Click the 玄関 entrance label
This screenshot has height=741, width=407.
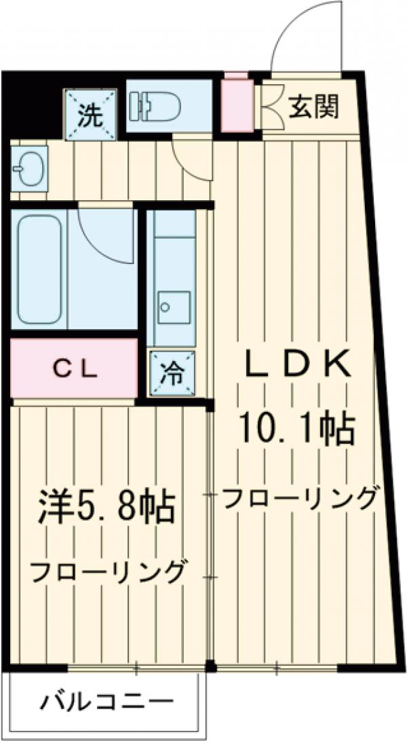pyautogui.click(x=313, y=107)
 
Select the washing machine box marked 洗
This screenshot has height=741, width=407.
pyautogui.click(x=90, y=115)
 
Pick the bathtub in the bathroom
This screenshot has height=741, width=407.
pyautogui.click(x=42, y=268)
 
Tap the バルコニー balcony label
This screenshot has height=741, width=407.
pyautogui.click(x=105, y=701)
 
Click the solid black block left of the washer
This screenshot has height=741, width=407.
pyautogui.click(x=31, y=105)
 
